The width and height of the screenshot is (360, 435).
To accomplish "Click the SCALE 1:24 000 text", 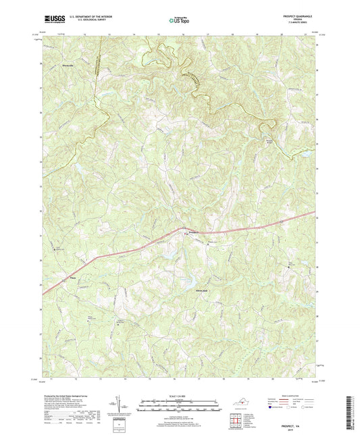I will coord(179,396).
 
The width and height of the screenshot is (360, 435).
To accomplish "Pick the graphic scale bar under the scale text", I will coord(179,407).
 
